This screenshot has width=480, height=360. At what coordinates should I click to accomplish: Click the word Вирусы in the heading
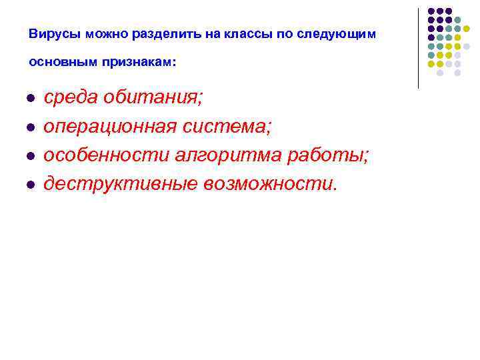[x=51, y=33]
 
